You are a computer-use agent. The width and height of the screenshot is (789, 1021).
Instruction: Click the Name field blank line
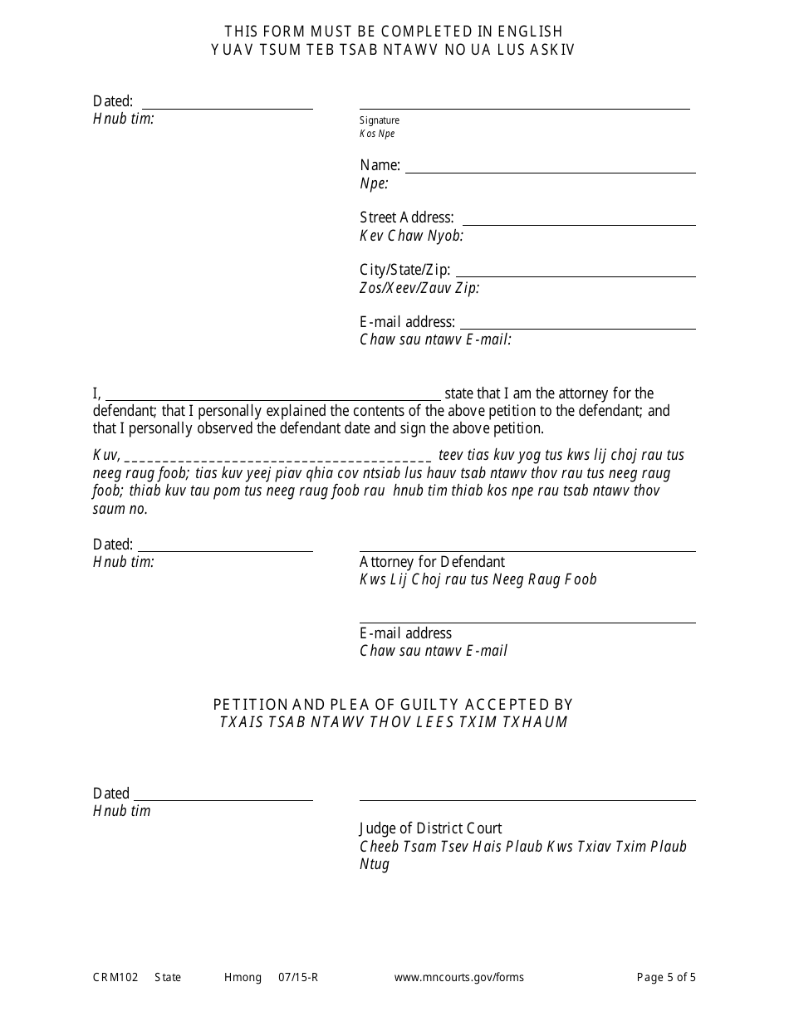pos(550,171)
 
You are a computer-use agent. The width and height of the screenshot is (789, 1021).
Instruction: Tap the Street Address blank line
pos(578,223)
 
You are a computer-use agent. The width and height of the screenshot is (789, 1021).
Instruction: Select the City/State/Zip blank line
pos(576,276)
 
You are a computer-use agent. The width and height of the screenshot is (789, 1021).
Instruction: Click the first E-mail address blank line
pos(577,328)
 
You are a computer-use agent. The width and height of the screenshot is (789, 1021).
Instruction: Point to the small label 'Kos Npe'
pos(377,134)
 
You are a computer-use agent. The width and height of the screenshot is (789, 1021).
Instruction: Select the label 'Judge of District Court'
pos(430,828)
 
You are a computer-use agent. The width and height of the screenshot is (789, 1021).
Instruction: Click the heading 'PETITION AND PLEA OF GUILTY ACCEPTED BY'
pos(394,705)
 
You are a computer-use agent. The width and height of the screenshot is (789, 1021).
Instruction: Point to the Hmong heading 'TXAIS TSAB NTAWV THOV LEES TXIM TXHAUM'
pos(394,722)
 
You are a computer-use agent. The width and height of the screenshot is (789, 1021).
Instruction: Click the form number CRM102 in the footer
pos(110,978)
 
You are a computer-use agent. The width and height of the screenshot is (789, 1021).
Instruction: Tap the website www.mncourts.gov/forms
pos(458,978)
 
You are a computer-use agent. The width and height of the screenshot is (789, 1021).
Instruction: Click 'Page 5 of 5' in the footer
pos(666,978)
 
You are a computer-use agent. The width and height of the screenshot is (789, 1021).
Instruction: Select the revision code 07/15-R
pos(298,978)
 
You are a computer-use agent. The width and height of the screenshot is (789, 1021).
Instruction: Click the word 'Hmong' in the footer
pos(243,978)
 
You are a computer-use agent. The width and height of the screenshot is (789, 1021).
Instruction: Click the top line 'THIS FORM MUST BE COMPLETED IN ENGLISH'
pos(394,32)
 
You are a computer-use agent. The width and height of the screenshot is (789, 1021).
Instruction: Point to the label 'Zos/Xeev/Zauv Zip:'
pos(419,288)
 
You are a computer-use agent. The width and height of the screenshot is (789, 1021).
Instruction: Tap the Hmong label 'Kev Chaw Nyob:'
pos(411,236)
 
